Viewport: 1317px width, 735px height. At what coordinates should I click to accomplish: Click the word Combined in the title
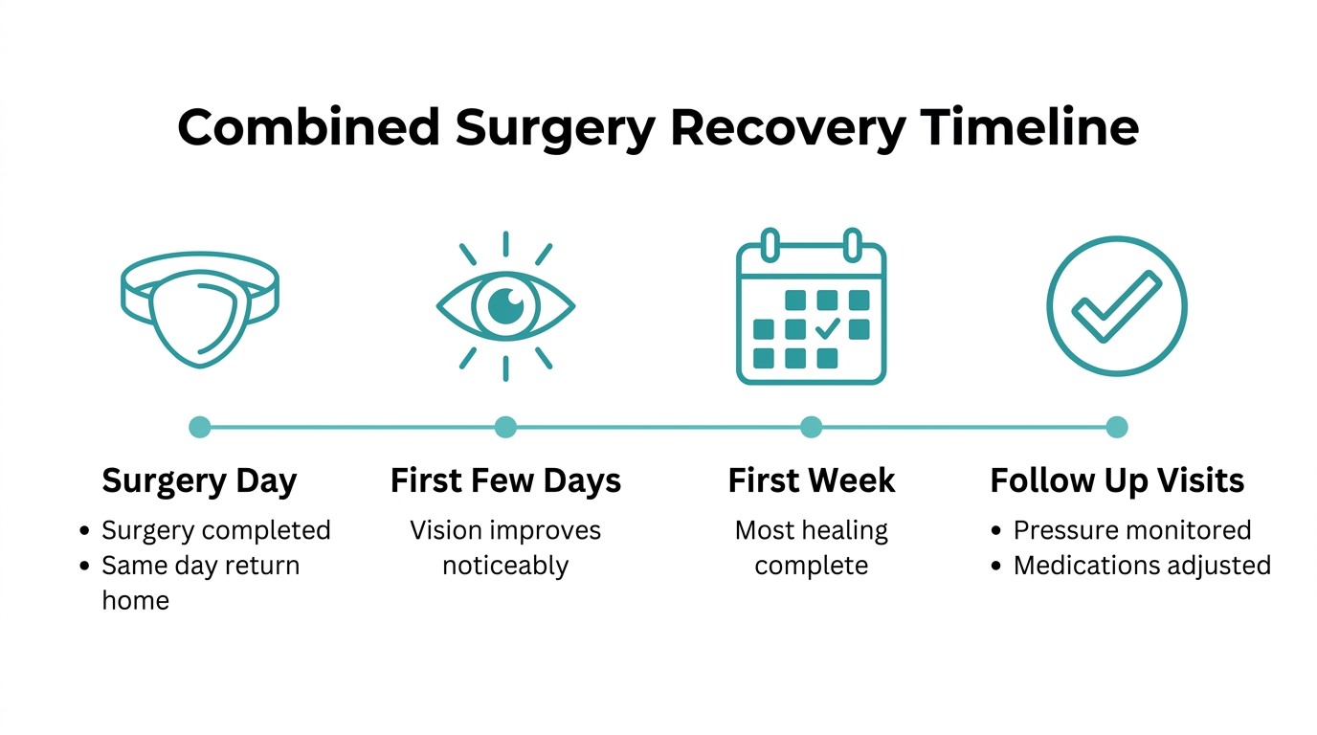[308, 127]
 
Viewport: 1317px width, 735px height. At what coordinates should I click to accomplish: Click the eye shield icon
[200, 310]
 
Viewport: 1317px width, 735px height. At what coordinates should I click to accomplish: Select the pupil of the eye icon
[505, 305]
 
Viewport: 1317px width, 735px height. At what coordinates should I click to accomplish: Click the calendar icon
[812, 306]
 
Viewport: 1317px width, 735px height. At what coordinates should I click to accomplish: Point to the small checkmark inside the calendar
[828, 328]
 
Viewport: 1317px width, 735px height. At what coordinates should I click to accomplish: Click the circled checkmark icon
[1117, 305]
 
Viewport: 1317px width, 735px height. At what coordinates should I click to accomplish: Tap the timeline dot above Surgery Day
[200, 427]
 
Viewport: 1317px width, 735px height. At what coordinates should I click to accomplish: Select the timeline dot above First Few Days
[505, 427]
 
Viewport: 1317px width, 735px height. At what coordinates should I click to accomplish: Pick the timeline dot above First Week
[812, 427]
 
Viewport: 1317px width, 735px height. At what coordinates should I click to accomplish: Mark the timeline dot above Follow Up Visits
[1117, 427]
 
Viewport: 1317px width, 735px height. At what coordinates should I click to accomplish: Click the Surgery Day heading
[199, 481]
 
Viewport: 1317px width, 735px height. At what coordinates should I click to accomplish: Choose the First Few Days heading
[505, 481]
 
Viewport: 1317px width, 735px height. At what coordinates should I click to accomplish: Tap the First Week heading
[812, 480]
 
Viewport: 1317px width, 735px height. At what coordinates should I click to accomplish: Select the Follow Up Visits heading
[1117, 481]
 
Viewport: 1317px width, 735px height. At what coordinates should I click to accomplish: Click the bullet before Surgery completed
[84, 531]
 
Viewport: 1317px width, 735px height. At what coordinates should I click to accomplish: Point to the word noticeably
[505, 567]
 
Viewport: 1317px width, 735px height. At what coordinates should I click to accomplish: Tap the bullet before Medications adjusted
[996, 567]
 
